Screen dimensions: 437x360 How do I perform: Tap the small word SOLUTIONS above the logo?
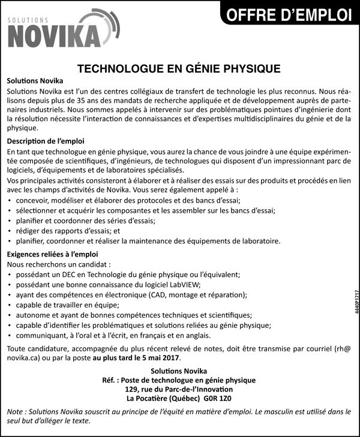pyautogui.click(x=29, y=20)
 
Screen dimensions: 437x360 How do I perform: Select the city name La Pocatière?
pyautogui.click(x=149, y=397)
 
